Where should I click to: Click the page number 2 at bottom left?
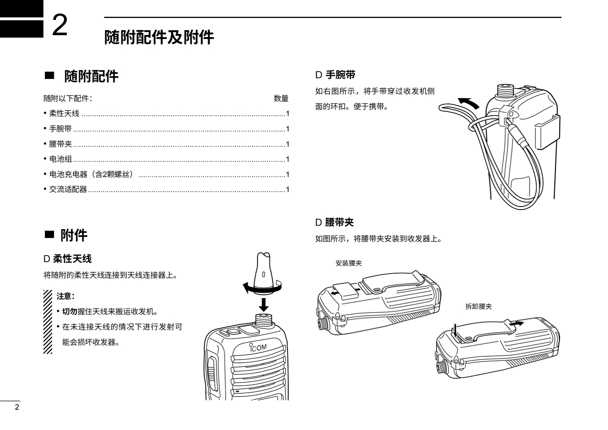pyautogui.click(x=16, y=407)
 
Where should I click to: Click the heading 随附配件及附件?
pyautogui.click(x=159, y=38)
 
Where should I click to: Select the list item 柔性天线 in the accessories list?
pyautogui.click(x=64, y=113)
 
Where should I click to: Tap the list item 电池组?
pyautogui.click(x=61, y=159)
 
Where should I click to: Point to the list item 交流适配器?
pyautogui.click(x=68, y=189)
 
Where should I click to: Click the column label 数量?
pyautogui.click(x=281, y=98)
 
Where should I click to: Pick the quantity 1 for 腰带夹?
pyautogui.click(x=288, y=144)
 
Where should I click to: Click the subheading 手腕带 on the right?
pyautogui.click(x=340, y=75)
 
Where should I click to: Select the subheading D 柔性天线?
pyautogui.click(x=67, y=259)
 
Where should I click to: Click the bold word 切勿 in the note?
pyautogui.click(x=69, y=312)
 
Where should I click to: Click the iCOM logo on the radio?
pyautogui.click(x=258, y=348)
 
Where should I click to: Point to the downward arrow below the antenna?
pyautogui.click(x=263, y=305)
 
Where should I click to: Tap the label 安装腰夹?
pyautogui.click(x=348, y=263)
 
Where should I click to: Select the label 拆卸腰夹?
pyautogui.click(x=478, y=307)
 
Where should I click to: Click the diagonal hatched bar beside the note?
pyautogui.click(x=48, y=322)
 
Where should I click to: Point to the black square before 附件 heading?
pyautogui.click(x=49, y=234)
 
